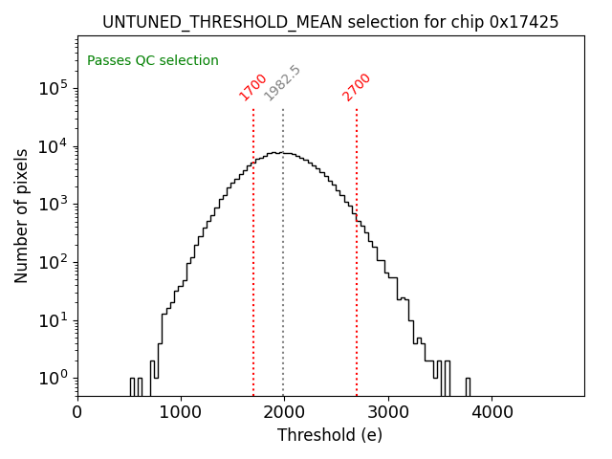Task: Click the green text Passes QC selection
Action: (153, 61)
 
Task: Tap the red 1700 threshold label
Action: (252, 87)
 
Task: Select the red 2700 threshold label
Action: (356, 87)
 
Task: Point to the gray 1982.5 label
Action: (282, 83)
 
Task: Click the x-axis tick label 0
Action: (77, 412)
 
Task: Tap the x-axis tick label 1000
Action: (181, 412)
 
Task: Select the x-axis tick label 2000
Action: (285, 412)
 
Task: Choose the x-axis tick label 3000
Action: (388, 412)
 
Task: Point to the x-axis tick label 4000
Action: (492, 412)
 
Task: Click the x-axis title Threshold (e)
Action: (330, 435)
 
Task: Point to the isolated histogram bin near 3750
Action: (467, 386)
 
